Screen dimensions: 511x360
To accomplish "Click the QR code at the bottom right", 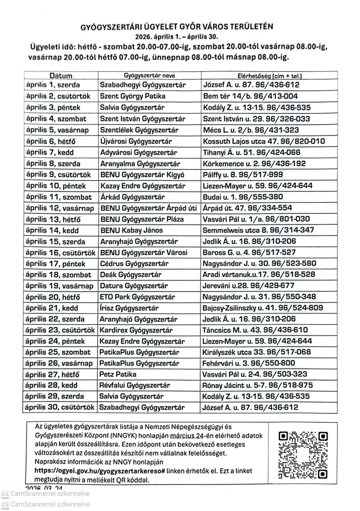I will coord(303,454).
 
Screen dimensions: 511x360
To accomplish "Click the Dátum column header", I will coord(61,76).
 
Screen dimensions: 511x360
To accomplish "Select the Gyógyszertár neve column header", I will coord(149,76).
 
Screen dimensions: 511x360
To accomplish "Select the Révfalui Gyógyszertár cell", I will coord(135,385).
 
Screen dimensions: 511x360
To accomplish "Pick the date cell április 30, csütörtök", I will coord(60,407).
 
